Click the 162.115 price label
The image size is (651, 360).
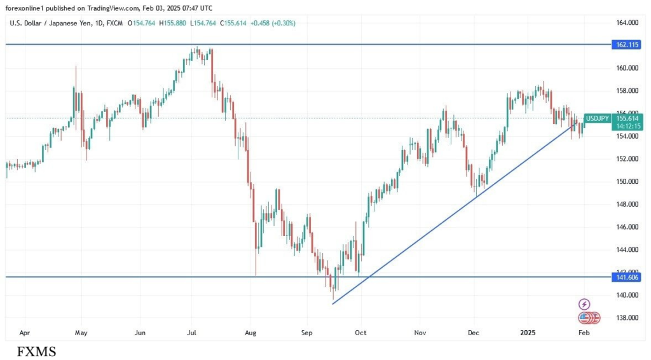[x=627, y=45]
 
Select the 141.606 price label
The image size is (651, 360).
[x=627, y=277]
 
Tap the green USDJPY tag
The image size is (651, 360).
[x=596, y=118]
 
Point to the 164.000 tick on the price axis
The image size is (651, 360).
[x=627, y=23]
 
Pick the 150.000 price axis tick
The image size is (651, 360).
[x=627, y=182]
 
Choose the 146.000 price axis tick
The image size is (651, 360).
[x=627, y=227]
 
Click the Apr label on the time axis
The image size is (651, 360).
[x=25, y=332]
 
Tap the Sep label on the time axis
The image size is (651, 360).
[x=307, y=332]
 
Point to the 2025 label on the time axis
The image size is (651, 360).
[x=528, y=332]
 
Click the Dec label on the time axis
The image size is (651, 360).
[x=473, y=332]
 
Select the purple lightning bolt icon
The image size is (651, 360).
[x=584, y=305]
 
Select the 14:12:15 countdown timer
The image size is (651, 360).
[x=627, y=127]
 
